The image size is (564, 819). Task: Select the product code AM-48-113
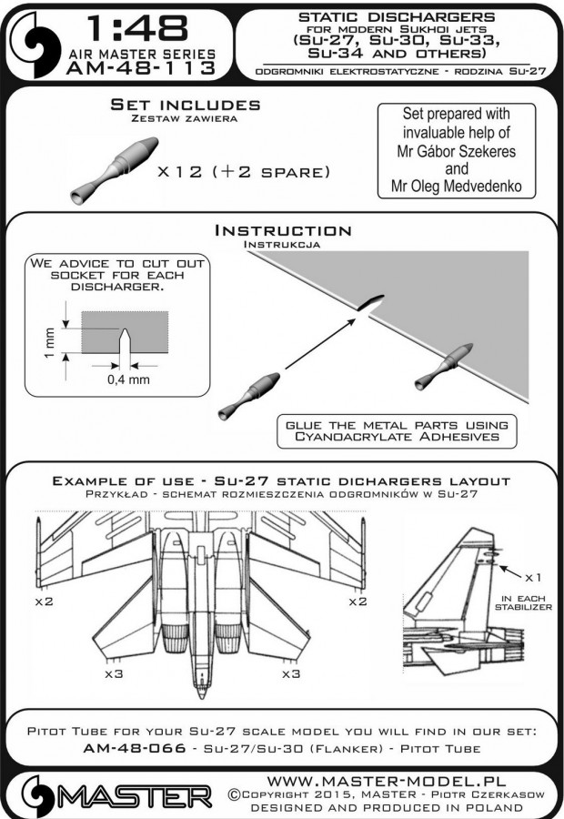[x=147, y=67]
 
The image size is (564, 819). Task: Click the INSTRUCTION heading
[x=281, y=231]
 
